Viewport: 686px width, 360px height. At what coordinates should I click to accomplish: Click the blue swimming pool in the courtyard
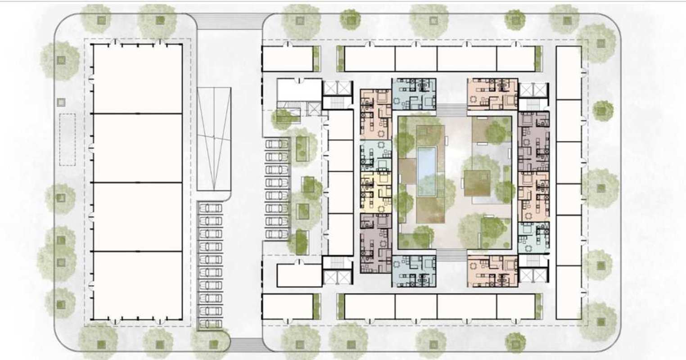click(427, 166)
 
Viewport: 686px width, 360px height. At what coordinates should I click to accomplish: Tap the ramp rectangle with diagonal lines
click(214, 139)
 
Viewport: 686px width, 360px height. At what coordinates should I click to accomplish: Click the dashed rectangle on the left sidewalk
click(68, 139)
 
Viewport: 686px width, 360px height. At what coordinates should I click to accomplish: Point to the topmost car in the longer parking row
click(210, 208)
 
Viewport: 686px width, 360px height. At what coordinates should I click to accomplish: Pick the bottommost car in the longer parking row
click(210, 323)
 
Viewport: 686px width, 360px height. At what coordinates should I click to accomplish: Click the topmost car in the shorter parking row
click(277, 144)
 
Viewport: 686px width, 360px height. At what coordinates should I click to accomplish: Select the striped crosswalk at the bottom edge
click(246, 344)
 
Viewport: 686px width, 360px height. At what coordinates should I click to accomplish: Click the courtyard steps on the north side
click(452, 110)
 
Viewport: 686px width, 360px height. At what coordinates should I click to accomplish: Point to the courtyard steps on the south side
click(452, 256)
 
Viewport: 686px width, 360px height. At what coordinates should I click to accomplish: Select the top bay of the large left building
click(137, 79)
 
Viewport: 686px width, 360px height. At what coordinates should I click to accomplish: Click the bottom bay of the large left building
click(137, 285)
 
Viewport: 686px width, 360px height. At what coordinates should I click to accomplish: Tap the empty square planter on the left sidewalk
click(61, 103)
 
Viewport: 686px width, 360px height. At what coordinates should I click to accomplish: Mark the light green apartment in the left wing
click(376, 154)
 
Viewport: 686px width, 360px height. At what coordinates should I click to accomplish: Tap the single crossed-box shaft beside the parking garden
click(314, 108)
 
